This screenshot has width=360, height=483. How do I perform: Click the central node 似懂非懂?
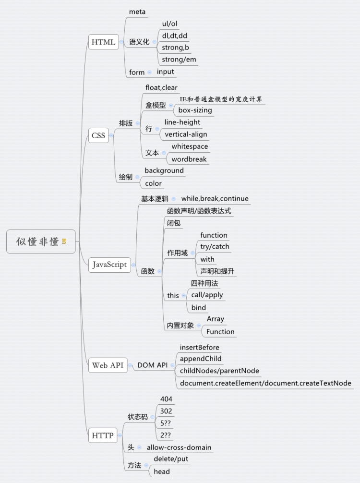(x=37, y=241)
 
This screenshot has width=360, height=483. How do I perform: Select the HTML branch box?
(x=103, y=42)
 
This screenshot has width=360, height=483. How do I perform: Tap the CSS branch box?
(x=98, y=135)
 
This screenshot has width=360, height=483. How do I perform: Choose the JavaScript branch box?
(x=110, y=265)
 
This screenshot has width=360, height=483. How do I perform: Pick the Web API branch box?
(x=108, y=365)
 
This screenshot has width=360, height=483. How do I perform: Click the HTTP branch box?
(x=102, y=436)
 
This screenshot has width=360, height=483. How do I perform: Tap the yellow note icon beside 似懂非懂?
(x=64, y=241)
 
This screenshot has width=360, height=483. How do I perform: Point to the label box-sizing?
(x=195, y=110)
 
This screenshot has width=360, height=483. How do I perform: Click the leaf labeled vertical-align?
(x=186, y=134)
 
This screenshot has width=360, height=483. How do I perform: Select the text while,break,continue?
(x=215, y=199)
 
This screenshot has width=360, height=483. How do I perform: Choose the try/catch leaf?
(x=215, y=247)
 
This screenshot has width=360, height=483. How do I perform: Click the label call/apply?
(x=207, y=295)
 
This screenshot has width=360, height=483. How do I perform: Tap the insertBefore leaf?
(x=199, y=347)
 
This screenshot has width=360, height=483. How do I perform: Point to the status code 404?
(x=166, y=399)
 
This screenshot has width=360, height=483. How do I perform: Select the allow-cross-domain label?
(x=179, y=447)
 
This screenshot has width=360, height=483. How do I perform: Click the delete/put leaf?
(x=171, y=459)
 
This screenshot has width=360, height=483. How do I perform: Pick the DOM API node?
(x=152, y=365)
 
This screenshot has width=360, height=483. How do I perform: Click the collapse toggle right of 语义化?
(x=155, y=42)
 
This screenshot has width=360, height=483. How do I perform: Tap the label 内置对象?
(x=180, y=326)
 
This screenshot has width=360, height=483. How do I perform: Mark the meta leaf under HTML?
(x=137, y=12)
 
